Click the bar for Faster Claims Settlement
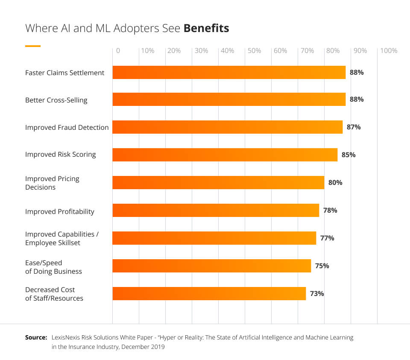coord(229,72)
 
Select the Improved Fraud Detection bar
coord(227,127)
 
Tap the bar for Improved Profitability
coord(216,210)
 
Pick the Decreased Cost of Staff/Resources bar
coord(209,293)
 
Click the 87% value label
coord(354,127)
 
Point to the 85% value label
coord(348,155)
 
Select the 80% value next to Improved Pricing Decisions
coord(335,182)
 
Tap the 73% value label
coord(317,293)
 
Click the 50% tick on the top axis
coord(254,51)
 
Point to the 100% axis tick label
coord(388,51)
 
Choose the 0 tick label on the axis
coord(118,51)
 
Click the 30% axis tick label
coord(201,51)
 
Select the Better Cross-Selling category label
coord(56,100)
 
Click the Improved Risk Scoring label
coord(60,154)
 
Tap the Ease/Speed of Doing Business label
coord(53,267)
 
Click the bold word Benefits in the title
coord(206,28)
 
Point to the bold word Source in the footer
coord(36,337)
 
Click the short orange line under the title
coord(33,46)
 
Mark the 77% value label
coord(327,238)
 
